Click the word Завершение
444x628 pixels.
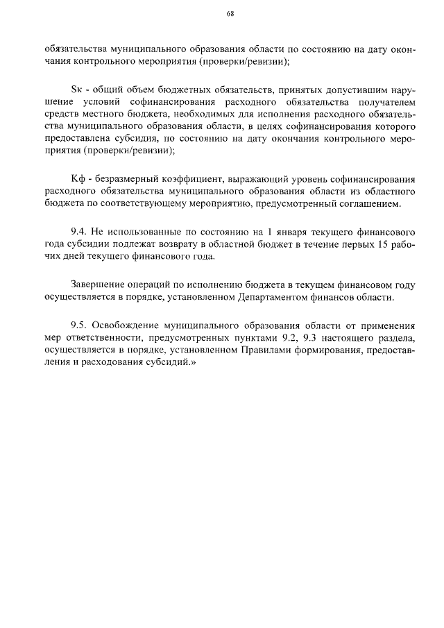[96, 285]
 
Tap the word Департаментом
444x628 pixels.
[256, 297]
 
